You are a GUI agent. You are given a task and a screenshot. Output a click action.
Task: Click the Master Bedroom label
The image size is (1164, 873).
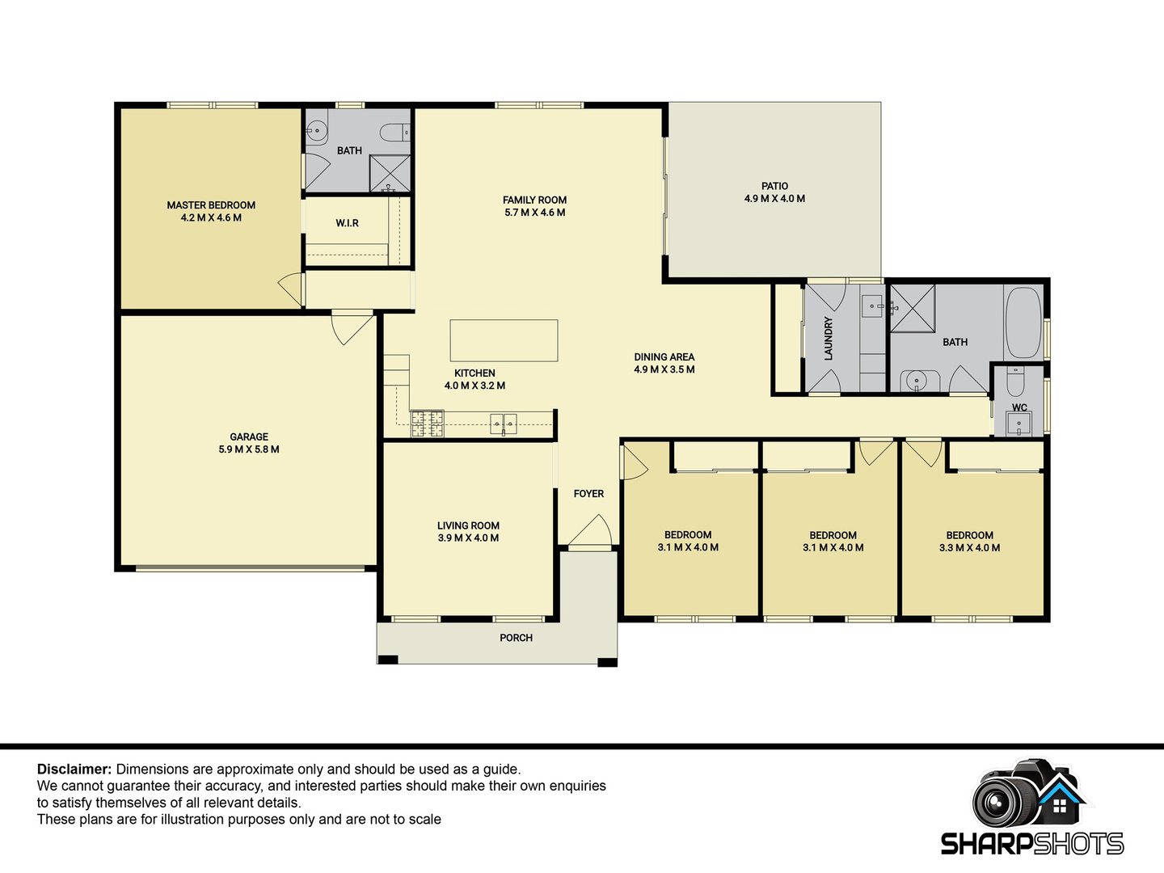coord(211,205)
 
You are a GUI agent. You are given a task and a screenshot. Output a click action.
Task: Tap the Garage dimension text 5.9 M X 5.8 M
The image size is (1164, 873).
coord(249,449)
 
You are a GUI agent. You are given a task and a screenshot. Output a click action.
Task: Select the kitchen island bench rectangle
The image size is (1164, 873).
coord(504,340)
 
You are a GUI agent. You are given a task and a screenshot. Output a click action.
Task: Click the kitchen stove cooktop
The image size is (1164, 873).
coord(427,424)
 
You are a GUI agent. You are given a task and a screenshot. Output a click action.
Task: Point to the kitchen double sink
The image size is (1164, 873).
coord(504,424)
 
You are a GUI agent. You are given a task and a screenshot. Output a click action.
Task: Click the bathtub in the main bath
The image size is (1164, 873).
coord(1023,323)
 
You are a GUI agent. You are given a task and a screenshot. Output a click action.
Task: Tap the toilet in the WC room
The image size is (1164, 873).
coord(1015,382)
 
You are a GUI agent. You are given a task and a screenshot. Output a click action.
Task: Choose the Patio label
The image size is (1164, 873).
coord(774,186)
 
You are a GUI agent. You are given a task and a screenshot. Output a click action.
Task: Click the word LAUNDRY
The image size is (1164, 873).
coord(829,339)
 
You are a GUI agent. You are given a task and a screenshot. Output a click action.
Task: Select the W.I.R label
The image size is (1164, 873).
coord(348,223)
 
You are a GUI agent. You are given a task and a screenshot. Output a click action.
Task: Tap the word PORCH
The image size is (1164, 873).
coord(516,638)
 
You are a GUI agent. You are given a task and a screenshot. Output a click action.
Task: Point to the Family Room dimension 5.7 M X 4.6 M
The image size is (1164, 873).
coord(534,213)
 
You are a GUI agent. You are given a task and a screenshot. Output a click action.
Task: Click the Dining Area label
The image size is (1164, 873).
coord(664,357)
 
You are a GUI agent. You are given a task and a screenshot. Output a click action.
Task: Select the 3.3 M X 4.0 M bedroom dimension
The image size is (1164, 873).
coord(969,548)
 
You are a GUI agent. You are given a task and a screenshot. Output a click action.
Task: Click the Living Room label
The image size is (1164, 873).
coord(468,525)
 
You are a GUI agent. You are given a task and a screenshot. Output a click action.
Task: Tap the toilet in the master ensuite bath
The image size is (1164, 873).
coord(395,132)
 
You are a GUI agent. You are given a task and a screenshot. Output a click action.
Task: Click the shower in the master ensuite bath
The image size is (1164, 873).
coord(390,173)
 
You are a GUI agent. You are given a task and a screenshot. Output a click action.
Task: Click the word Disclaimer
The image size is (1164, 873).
coord(74,769)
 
